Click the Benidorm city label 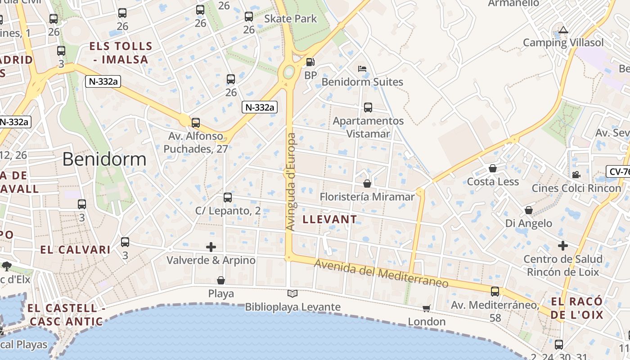[x=104, y=159]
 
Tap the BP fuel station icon [x=310, y=62]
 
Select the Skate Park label [x=290, y=19]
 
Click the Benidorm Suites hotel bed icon [x=362, y=69]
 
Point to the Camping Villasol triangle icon [x=563, y=30]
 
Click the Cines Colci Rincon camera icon [x=576, y=175]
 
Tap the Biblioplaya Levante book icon [x=292, y=294]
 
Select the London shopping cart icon [x=426, y=309]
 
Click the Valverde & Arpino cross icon [x=211, y=247]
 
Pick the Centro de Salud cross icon [x=563, y=246]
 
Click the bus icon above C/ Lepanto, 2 [x=228, y=198]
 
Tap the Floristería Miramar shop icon [x=367, y=184]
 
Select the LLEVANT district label [x=330, y=220]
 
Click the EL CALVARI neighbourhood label [x=75, y=250]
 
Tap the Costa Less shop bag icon [x=493, y=169]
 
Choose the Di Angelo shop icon [x=529, y=210]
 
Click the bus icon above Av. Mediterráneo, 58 [x=495, y=292]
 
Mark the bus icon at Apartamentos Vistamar [x=368, y=108]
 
